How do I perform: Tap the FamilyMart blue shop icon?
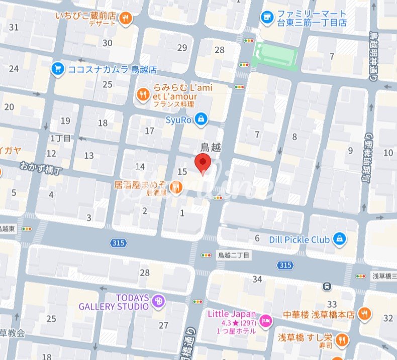[x=267, y=18]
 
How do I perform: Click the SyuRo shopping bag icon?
[x=201, y=119]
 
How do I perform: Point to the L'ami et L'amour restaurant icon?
[x=143, y=94]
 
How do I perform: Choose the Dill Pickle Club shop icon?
[x=340, y=239]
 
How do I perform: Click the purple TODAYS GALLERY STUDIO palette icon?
[x=159, y=301]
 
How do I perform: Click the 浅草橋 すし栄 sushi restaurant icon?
[x=342, y=339]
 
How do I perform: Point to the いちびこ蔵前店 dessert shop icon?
[x=126, y=19]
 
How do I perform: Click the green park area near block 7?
[x=274, y=55]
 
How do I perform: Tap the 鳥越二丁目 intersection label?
[x=233, y=255]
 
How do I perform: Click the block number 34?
[x=257, y=279]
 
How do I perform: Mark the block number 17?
[x=150, y=131]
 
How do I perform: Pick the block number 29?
[x=182, y=48]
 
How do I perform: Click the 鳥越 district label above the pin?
[x=211, y=147]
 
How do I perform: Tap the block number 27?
[x=164, y=325]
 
